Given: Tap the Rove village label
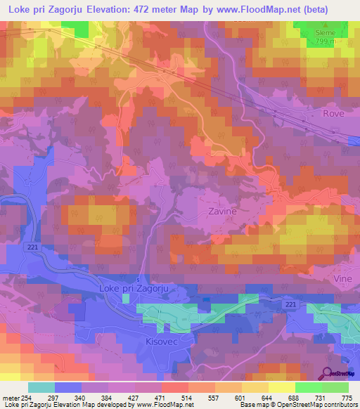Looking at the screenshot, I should [x=335, y=112].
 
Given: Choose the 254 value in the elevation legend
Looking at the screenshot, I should [x=27, y=397].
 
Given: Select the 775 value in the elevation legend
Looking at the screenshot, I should [x=345, y=397].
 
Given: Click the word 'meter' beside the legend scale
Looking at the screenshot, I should [x=9, y=397].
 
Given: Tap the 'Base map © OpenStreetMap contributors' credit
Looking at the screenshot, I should [x=297, y=405].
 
